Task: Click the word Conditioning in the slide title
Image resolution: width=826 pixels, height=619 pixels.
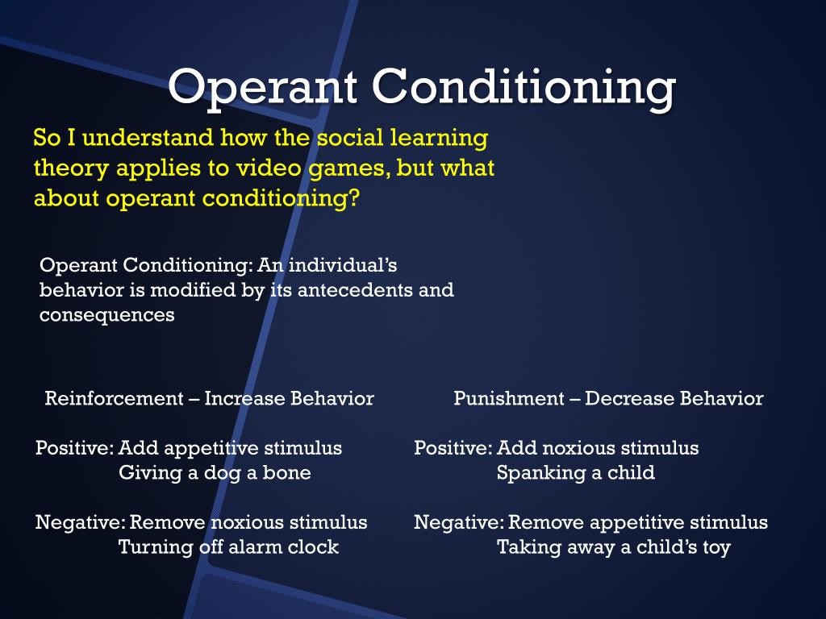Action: [526, 87]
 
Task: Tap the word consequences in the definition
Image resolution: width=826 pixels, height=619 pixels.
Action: [106, 315]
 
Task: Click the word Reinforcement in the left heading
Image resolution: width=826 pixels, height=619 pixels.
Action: [114, 398]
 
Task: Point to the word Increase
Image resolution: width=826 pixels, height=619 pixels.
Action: [241, 398]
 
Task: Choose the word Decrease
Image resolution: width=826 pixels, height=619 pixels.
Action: [624, 398]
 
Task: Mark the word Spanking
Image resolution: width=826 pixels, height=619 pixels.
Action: [534, 473]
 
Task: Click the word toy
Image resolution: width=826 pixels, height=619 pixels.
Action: [715, 548]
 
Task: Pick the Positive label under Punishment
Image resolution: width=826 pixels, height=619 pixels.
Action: [452, 448]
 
